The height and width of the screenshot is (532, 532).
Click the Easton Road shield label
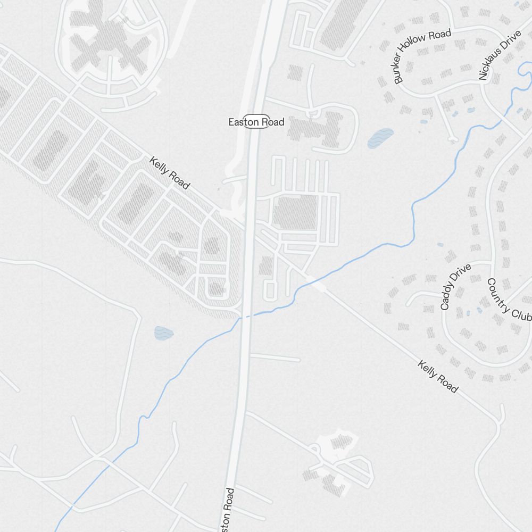pos(256,122)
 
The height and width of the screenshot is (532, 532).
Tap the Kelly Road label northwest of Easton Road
pos(169,172)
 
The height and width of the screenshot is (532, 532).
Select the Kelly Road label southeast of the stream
pos(437,377)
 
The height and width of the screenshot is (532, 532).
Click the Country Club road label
pos(509,300)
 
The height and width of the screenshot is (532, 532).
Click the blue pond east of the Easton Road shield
pos(380,137)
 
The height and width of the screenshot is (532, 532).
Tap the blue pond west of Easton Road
pos(164,333)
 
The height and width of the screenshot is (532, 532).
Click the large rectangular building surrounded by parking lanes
pos(295,213)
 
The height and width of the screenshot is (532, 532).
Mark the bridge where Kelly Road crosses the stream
pos(318,285)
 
